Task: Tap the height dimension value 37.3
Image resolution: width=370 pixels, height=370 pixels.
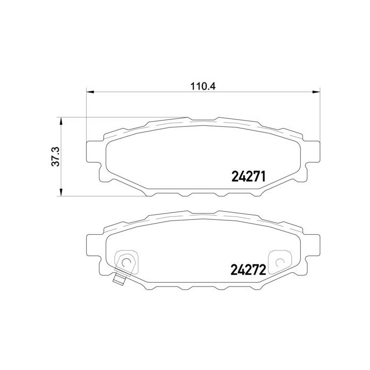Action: tap(55, 156)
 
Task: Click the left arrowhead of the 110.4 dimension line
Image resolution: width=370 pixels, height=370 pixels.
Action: tap(89, 92)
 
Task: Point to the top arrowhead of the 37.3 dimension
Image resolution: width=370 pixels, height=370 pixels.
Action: tap(62, 121)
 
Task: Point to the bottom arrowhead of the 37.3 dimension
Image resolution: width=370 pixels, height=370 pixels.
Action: tap(62, 191)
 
